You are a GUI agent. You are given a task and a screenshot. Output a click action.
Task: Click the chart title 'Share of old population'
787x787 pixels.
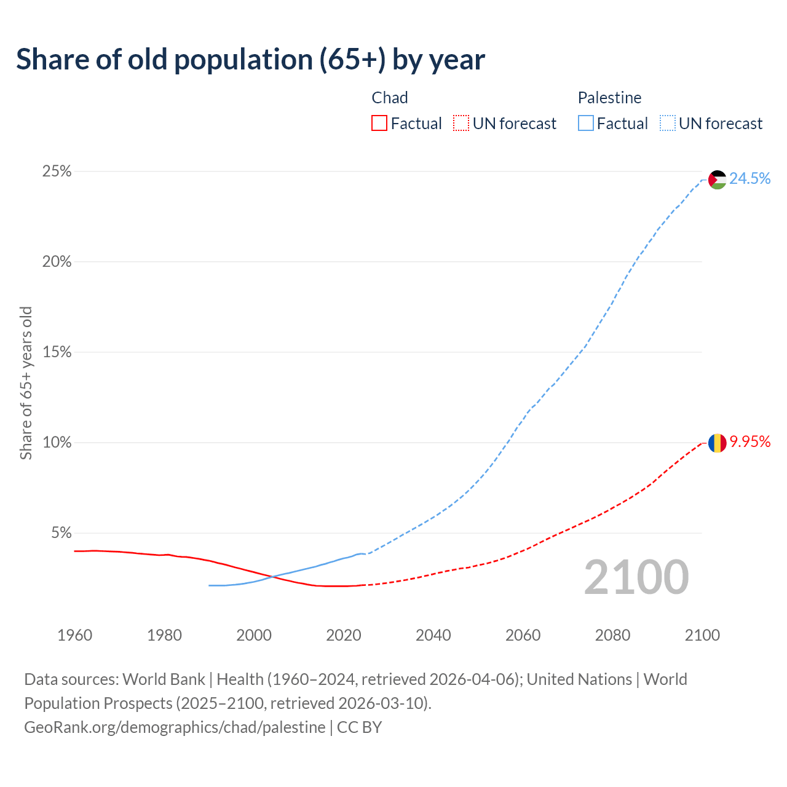[250, 60]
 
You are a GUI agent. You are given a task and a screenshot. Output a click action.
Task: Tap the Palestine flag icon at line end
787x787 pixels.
[718, 180]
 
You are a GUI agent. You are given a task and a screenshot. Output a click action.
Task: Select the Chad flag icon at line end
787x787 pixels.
[717, 443]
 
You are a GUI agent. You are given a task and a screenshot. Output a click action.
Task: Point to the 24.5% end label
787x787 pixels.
[749, 178]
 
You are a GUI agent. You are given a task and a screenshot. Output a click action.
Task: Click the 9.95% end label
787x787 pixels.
[749, 441]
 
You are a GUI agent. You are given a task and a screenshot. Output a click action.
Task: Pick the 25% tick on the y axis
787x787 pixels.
[57, 172]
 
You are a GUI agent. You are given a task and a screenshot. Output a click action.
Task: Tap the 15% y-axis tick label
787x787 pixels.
[57, 352]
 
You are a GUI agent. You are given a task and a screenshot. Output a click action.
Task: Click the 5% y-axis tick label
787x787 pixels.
[61, 533]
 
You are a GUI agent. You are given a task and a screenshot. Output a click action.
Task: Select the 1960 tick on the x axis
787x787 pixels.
[74, 635]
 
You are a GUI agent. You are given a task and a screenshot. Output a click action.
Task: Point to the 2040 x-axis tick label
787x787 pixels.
[433, 635]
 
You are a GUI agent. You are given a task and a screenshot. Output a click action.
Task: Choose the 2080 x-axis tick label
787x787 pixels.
[612, 635]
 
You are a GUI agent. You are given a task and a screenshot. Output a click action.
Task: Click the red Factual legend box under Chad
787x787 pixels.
[379, 124]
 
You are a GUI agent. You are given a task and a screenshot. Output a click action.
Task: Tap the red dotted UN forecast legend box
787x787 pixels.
[461, 124]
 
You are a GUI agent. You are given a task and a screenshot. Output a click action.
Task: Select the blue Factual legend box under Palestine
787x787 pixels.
[586, 124]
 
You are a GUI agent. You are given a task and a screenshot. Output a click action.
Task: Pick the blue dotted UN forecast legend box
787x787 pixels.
[668, 124]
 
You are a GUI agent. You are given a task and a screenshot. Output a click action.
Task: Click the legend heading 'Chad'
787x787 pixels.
[390, 98]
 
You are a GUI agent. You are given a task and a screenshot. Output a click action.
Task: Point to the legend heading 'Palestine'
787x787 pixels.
[609, 98]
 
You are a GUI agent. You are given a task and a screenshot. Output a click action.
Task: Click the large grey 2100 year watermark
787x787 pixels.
[636, 577]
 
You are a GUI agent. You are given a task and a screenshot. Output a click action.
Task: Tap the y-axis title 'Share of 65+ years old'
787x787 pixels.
[26, 382]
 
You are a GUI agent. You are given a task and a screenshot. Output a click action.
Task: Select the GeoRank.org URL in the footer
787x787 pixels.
[175, 727]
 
